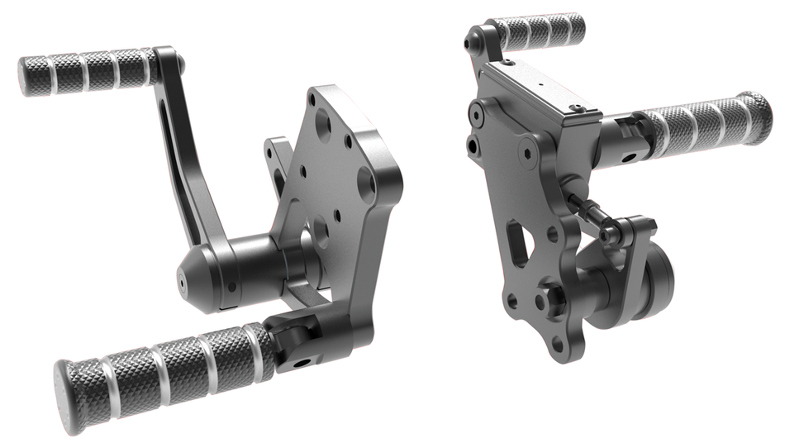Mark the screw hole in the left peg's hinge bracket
[x=305, y=361]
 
